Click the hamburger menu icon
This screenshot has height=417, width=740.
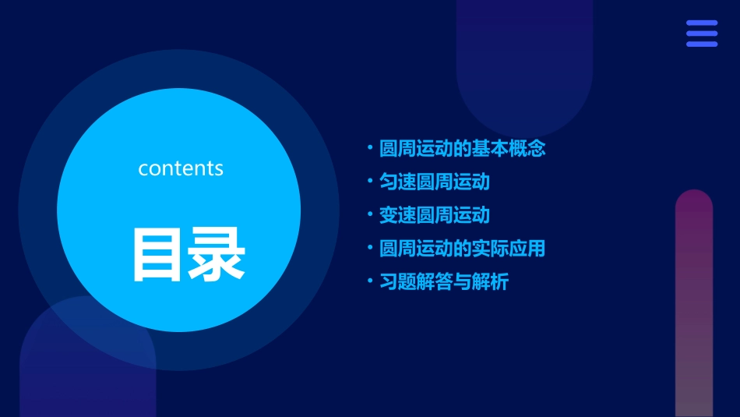[x=701, y=34]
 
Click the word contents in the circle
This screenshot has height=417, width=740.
[x=181, y=168]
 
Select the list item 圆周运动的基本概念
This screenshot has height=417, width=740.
[x=462, y=148]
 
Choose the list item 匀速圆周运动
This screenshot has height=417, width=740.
[x=434, y=182]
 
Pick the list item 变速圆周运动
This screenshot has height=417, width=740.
[x=434, y=215]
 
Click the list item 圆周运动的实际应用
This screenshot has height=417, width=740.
[x=462, y=249]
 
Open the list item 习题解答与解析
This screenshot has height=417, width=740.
[x=443, y=282]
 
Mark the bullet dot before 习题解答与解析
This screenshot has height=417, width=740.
[x=370, y=281]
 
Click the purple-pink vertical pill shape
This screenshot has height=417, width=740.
[x=693, y=304]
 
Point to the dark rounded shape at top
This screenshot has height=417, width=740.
[x=524, y=62]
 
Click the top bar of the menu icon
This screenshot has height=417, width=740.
[x=701, y=23]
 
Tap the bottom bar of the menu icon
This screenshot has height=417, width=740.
[x=701, y=44]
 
